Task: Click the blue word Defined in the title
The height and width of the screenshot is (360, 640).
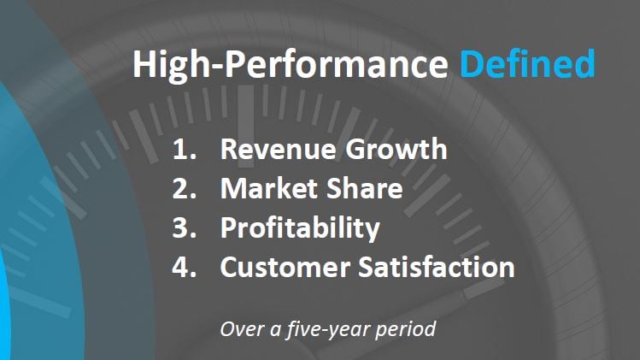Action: click(x=526, y=65)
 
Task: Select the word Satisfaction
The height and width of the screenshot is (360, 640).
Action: click(x=443, y=268)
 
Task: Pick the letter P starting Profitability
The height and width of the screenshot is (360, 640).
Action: click(x=228, y=228)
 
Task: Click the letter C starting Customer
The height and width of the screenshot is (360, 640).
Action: click(x=229, y=268)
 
